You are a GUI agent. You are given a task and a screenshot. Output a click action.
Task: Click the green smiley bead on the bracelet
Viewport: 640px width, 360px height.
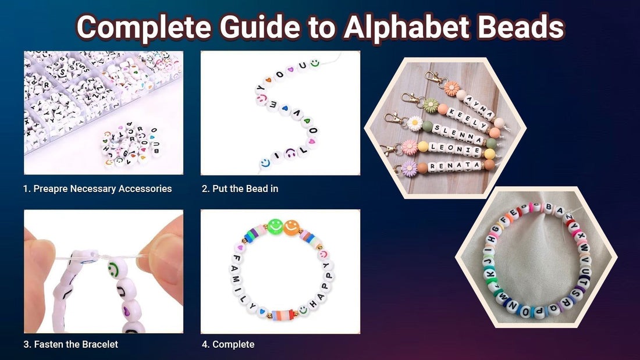276,226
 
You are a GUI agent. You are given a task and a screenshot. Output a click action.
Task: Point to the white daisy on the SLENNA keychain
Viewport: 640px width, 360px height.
414,123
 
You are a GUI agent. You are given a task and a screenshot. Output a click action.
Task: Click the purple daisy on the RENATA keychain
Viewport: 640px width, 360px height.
409,169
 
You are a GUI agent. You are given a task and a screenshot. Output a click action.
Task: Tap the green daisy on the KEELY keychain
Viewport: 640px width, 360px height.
430,105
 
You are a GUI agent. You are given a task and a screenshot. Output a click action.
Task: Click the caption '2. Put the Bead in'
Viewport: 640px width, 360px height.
240,188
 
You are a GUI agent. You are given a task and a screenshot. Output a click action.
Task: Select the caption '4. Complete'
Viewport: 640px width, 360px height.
228,344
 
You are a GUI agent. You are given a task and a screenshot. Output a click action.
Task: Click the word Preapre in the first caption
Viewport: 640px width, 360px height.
52,188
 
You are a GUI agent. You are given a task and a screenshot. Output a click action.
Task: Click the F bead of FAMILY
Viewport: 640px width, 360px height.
237,257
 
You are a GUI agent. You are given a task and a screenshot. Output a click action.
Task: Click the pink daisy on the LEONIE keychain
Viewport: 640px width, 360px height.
410,147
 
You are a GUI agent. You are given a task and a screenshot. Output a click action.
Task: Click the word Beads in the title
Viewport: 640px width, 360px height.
520,27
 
